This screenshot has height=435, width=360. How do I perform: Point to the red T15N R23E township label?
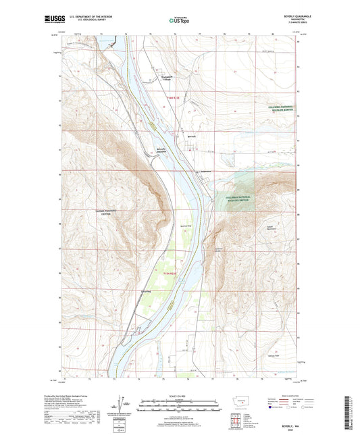173,273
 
